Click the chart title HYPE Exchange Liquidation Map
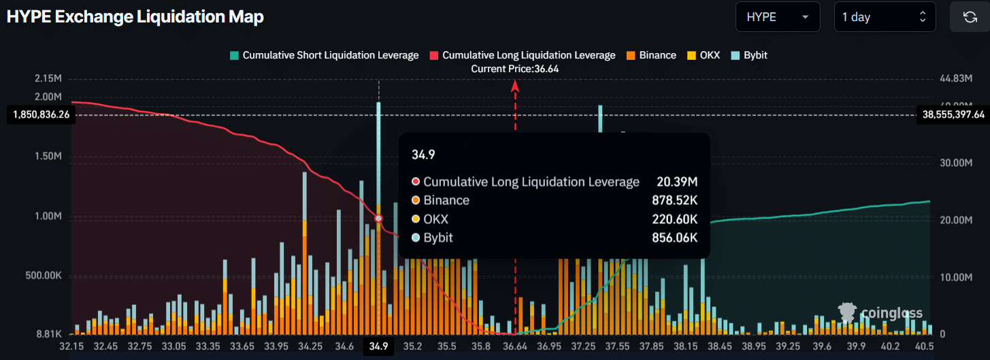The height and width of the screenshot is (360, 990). point(135,17)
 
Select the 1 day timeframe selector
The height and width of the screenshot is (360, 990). point(885,17)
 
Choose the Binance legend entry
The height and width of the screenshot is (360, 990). point(651,55)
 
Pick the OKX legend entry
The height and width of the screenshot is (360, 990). point(704,55)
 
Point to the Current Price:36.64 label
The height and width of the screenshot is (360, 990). point(515,69)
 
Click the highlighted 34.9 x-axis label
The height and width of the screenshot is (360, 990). point(378,346)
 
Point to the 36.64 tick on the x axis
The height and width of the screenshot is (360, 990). point(515,346)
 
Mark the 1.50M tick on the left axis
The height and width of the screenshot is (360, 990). point(48,157)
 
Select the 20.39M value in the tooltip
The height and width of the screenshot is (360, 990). point(677,182)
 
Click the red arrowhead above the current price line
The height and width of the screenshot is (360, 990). point(515,86)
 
